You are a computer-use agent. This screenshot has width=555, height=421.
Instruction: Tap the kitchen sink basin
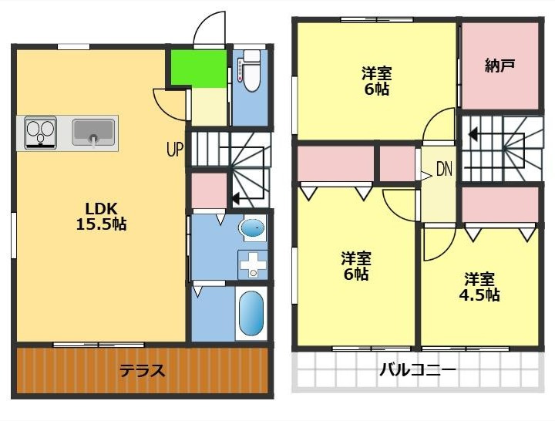click(93, 132)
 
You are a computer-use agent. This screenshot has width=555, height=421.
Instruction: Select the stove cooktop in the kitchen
click(40, 133)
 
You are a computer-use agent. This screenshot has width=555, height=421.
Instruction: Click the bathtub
click(251, 313)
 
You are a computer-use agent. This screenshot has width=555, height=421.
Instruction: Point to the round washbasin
click(252, 227)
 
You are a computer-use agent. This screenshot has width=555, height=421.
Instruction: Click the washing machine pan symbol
click(253, 264)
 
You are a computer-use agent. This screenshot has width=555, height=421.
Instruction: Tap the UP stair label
click(175, 149)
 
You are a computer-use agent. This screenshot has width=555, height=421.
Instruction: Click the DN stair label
click(444, 170)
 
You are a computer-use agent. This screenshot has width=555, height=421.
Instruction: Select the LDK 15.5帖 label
click(101, 217)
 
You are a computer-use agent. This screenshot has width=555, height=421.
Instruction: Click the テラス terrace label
click(143, 371)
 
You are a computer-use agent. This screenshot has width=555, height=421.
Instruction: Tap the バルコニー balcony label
click(418, 370)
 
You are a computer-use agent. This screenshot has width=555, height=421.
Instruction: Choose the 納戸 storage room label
click(499, 66)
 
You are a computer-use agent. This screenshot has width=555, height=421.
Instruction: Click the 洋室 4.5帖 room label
click(479, 287)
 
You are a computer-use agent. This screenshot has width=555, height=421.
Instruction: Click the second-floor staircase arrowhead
click(473, 134)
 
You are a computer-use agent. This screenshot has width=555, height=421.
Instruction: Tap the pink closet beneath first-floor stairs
click(209, 190)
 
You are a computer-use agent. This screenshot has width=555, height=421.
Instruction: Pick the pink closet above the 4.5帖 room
click(500, 204)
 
